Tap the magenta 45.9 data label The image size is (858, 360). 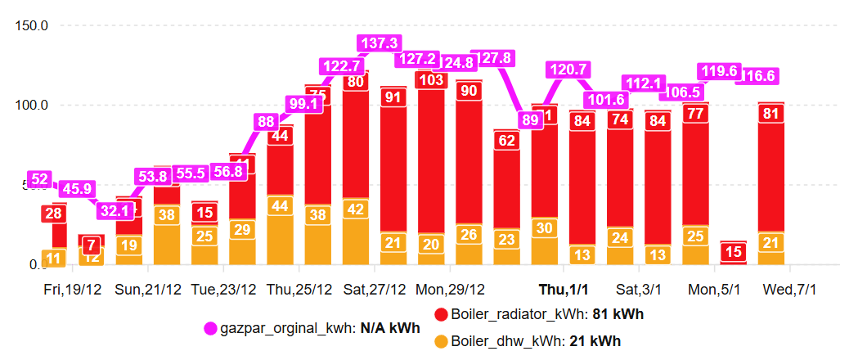point(80,189)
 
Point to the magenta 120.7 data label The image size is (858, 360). point(568,70)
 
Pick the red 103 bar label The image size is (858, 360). point(430,80)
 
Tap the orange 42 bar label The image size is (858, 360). point(356,209)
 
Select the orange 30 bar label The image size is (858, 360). point(544,228)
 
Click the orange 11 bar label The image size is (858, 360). point(54,259)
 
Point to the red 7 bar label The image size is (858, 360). point(92,245)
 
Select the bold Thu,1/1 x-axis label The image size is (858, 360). point(564,290)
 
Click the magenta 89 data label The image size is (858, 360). point(530,120)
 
